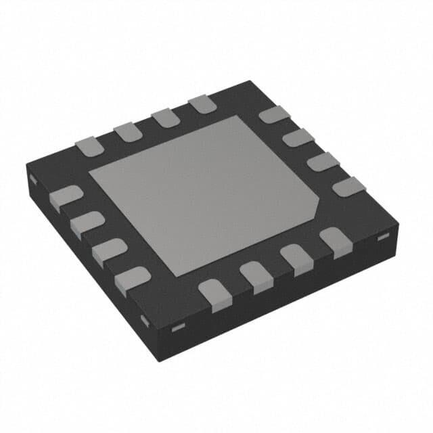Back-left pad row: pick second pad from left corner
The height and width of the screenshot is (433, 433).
[x=127, y=131]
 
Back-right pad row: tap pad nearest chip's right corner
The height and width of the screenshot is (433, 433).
[x=348, y=186]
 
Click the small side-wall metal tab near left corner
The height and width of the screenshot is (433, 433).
[x=32, y=179]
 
